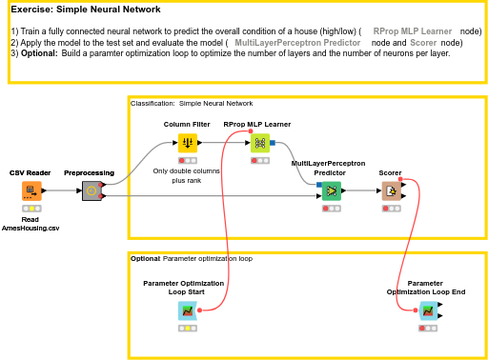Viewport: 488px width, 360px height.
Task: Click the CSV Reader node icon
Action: (31, 190)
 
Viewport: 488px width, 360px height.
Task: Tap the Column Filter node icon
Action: (188, 143)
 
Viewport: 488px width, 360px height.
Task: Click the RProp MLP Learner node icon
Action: (259, 143)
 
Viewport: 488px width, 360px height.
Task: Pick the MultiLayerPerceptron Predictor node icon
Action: (331, 190)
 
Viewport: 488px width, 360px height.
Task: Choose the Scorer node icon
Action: (391, 190)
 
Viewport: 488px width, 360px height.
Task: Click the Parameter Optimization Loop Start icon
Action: (188, 310)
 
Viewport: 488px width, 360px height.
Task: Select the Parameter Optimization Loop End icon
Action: (428, 310)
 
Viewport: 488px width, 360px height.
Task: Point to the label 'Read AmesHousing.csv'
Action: (30, 224)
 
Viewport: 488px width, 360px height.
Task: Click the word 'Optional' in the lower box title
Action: (145, 258)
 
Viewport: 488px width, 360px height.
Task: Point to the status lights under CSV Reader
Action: (31, 208)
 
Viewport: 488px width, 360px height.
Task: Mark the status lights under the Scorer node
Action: (391, 208)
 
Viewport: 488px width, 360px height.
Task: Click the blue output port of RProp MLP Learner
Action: (273, 143)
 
